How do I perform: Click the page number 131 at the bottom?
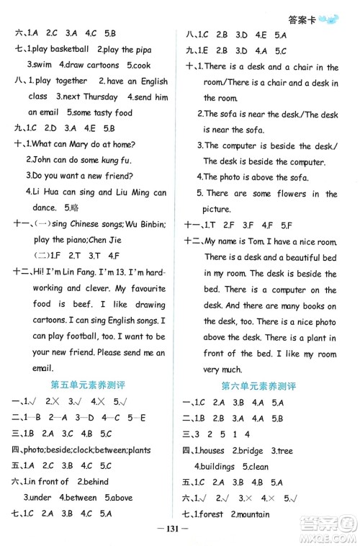(179, 533)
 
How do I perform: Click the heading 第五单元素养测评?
(91, 386)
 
